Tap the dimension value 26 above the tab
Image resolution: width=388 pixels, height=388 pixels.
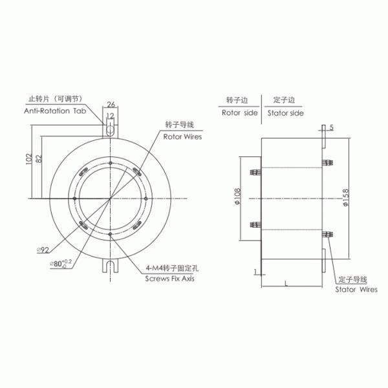pyautogui.click(x=111, y=104)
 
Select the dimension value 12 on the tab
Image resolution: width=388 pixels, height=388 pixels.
pyautogui.click(x=111, y=116)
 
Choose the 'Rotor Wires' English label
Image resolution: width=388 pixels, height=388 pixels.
pyautogui.click(x=182, y=137)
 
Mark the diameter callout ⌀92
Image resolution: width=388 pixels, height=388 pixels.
pyautogui.click(x=44, y=250)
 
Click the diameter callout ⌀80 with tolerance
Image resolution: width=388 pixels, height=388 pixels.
pyautogui.click(x=59, y=263)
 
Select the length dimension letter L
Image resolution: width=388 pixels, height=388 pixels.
pyautogui.click(x=285, y=283)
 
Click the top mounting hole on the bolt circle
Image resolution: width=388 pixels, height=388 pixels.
pyautogui.click(x=111, y=162)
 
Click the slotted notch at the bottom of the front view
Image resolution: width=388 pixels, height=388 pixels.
pyautogui.click(x=111, y=265)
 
